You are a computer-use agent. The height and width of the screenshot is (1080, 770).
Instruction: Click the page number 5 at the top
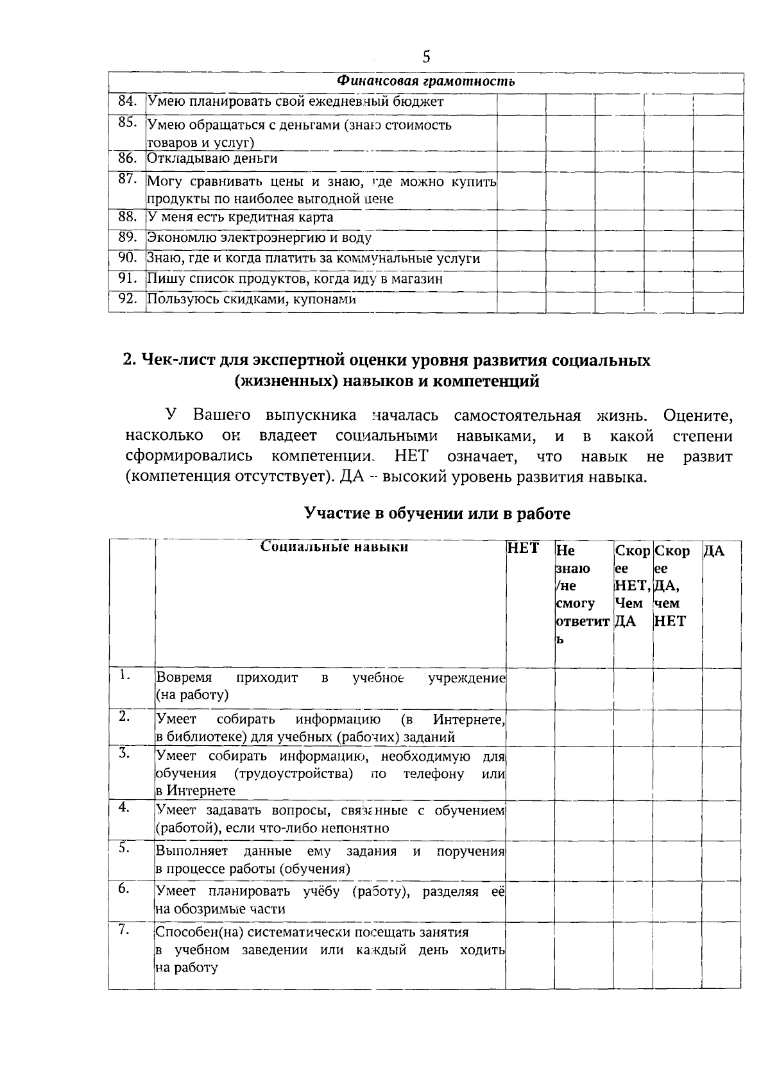click(426, 57)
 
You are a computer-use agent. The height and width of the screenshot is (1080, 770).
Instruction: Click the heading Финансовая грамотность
click(426, 82)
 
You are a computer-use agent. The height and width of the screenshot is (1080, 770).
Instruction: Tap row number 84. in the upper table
click(128, 101)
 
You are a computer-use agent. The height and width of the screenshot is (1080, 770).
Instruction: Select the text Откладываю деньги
click(212, 158)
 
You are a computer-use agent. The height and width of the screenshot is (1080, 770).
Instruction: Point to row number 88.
click(128, 217)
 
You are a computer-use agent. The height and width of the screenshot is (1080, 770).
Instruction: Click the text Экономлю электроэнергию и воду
click(259, 238)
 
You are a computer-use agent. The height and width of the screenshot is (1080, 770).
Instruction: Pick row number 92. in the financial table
click(128, 299)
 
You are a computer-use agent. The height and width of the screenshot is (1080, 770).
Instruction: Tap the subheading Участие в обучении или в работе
click(437, 514)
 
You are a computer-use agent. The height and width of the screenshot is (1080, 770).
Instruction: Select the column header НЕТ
click(522, 550)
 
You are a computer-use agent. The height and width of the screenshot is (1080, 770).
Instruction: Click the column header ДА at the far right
click(714, 551)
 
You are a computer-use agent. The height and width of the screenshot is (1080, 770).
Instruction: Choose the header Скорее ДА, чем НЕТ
click(672, 586)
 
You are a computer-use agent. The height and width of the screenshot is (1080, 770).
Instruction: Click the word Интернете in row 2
click(468, 720)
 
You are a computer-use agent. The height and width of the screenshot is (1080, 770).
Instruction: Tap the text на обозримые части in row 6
click(221, 909)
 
